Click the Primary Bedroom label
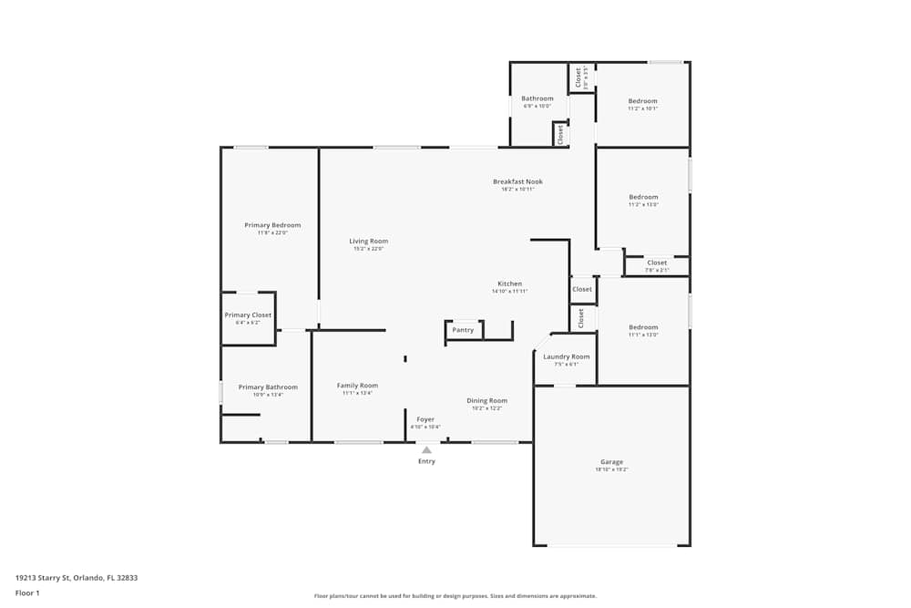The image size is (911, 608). (x=272, y=225)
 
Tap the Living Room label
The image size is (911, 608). (x=369, y=242)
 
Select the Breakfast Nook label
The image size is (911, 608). (x=517, y=181)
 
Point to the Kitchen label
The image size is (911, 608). (x=509, y=283)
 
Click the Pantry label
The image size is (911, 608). (x=463, y=330)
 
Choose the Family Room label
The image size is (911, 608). (x=357, y=386)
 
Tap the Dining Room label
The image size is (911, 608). (x=487, y=401)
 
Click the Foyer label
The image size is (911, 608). (x=425, y=419)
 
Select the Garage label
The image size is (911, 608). (x=611, y=462)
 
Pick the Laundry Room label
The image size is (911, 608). (x=567, y=356)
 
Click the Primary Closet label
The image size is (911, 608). (x=249, y=315)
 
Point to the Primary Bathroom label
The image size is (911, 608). (x=268, y=387)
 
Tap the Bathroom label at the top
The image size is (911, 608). (x=537, y=98)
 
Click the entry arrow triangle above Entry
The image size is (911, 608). (x=426, y=449)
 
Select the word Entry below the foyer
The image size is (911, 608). (x=426, y=461)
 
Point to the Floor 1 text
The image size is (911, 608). (x=27, y=593)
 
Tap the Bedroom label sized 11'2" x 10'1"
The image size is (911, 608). (x=643, y=101)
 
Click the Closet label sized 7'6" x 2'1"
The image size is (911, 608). (x=657, y=263)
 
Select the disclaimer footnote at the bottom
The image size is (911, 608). (x=455, y=596)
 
